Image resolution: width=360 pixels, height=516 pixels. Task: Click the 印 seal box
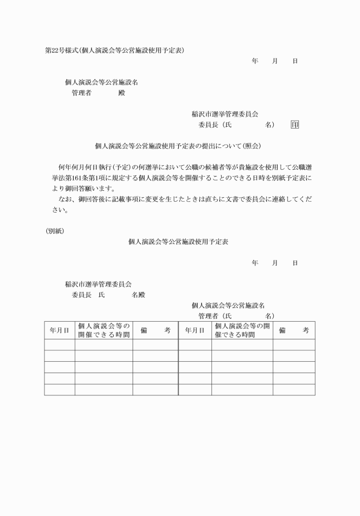(294, 125)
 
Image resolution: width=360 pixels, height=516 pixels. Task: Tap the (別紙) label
(54, 231)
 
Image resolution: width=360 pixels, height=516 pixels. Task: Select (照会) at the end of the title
(249, 146)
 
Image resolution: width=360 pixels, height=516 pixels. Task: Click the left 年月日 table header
(59, 330)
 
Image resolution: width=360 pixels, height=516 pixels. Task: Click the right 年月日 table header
(195, 330)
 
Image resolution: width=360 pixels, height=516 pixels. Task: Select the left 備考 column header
(155, 330)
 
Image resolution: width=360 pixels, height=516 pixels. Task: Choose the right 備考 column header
(294, 330)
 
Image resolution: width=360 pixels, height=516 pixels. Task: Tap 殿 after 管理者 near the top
(121, 93)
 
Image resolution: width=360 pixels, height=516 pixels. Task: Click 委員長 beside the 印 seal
(209, 125)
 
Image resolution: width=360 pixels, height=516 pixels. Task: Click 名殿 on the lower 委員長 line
(139, 295)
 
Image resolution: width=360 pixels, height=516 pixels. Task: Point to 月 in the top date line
(275, 61)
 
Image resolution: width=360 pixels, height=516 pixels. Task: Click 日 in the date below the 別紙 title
(295, 263)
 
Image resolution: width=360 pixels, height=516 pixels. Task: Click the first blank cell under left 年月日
(59, 345)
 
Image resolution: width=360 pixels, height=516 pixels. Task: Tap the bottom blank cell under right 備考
(294, 390)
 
